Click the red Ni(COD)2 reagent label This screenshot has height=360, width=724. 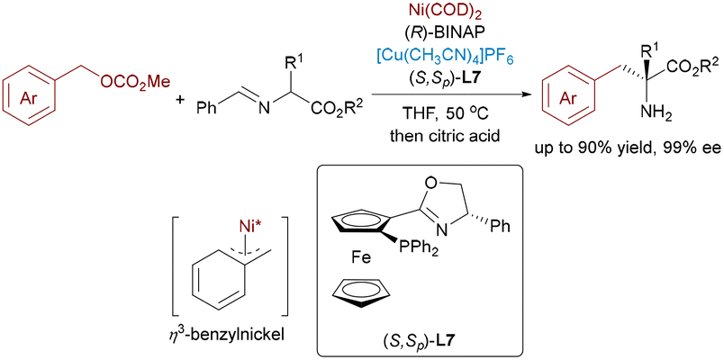click(x=442, y=9)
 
